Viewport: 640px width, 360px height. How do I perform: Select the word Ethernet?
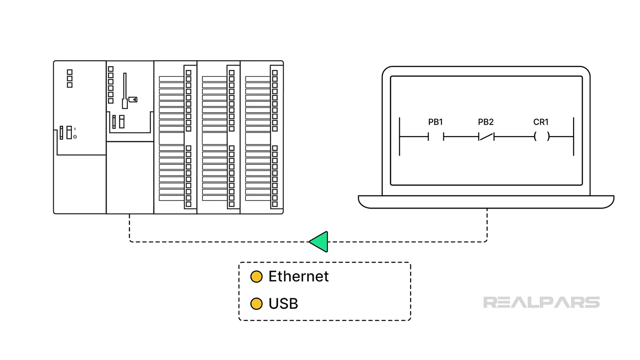[x=298, y=276]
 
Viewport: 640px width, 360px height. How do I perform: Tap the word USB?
[x=283, y=304]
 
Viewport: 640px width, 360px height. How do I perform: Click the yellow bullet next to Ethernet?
[x=256, y=276]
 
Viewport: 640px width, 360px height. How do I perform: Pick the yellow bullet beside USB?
[x=256, y=304]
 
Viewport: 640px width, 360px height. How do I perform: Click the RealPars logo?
[x=541, y=302]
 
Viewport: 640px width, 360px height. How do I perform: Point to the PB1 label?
[x=435, y=122]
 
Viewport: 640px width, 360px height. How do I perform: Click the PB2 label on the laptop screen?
[x=486, y=122]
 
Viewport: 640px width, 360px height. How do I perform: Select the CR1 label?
[x=541, y=122]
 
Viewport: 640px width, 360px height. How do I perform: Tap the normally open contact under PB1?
[x=436, y=136]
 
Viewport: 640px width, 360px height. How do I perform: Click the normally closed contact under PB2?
[x=486, y=136]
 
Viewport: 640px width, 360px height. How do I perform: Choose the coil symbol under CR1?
[x=542, y=136]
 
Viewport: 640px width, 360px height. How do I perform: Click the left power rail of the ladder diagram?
[x=399, y=147]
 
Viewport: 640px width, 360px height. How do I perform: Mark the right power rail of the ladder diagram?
[x=573, y=147]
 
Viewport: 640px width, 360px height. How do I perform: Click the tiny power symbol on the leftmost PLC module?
[x=75, y=137]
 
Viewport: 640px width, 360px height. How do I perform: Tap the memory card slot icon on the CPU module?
[x=133, y=99]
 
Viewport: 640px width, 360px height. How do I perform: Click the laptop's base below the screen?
[x=486, y=202]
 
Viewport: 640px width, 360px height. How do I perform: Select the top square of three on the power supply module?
[x=70, y=72]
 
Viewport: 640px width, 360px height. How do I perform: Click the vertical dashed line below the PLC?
[x=129, y=227]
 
